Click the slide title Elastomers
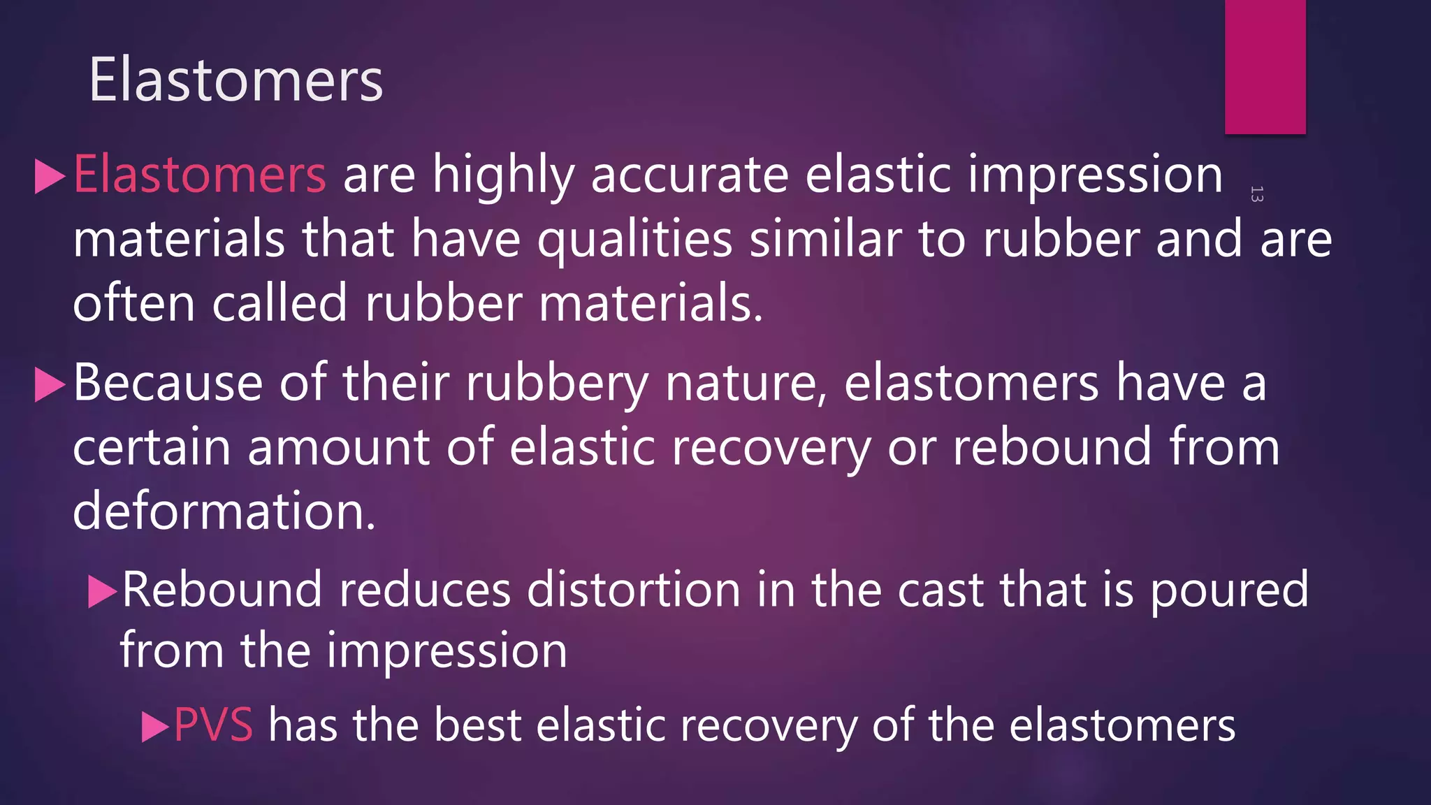(x=235, y=80)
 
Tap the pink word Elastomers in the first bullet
(x=199, y=174)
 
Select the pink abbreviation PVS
(x=213, y=725)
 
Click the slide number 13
(x=1256, y=194)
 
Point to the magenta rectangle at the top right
(x=1265, y=66)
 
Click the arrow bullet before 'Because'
(x=50, y=385)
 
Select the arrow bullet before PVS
(x=154, y=727)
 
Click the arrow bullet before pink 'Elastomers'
(x=50, y=176)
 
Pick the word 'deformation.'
(x=224, y=511)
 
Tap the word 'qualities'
(x=634, y=240)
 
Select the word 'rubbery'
(x=557, y=384)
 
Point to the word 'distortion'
(x=633, y=590)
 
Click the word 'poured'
(x=1229, y=591)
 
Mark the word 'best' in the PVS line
(x=477, y=725)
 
